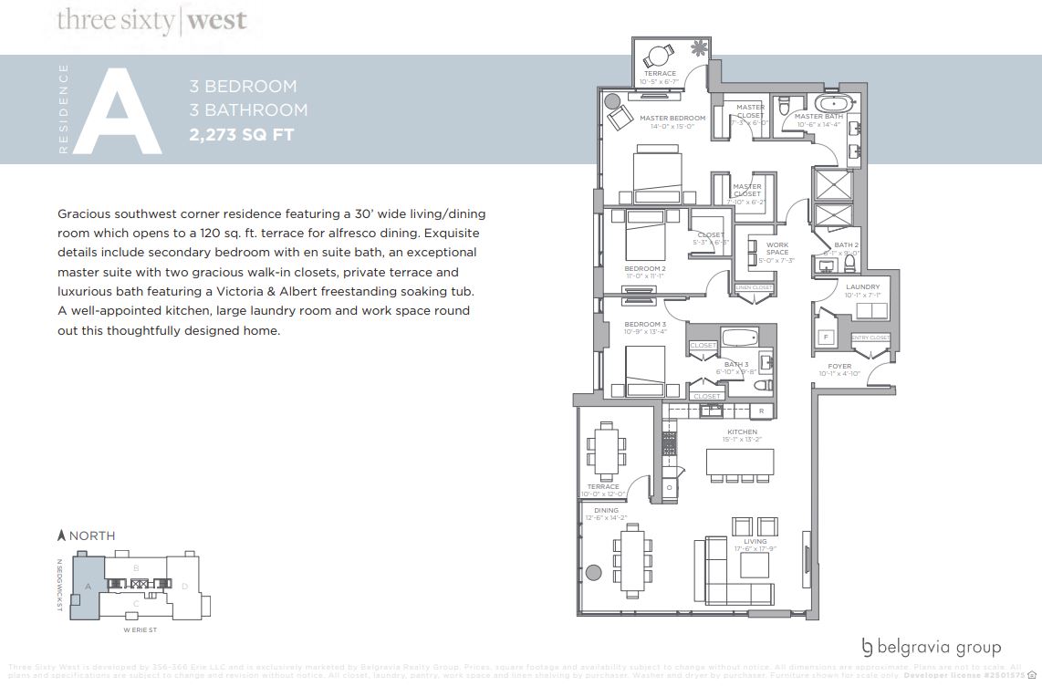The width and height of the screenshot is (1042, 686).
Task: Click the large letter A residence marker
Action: coord(117,109)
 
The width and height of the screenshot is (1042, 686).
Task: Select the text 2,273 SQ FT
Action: coord(242,135)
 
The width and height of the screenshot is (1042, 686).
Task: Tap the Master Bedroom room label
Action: coord(672,119)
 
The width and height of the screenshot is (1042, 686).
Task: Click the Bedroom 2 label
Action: coord(644,268)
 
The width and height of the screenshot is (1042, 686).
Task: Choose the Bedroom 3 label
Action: coord(644,325)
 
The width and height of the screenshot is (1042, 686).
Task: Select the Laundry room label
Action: coord(862,286)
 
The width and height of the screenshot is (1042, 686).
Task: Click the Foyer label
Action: coord(839,367)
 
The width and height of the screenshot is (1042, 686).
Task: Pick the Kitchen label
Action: coord(741,431)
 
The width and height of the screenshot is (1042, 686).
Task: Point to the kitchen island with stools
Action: coord(739,462)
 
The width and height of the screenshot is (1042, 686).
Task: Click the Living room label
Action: coord(755,542)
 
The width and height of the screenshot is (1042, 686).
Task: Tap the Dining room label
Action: coord(606,511)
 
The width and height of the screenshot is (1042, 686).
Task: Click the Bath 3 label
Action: coord(736,365)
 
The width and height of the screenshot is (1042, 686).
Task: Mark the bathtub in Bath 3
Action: coord(746,338)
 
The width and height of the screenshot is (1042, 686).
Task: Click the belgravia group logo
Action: coord(931,648)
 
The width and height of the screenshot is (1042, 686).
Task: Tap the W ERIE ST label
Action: coord(141,629)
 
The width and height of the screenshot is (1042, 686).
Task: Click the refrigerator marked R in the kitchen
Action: coord(761,411)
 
